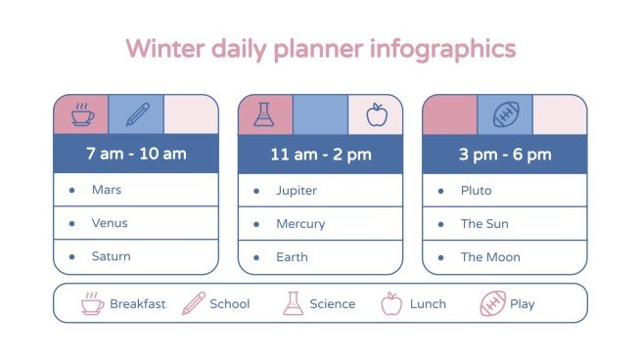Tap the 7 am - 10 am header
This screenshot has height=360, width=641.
[136, 154]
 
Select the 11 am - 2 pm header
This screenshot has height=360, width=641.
[320, 155]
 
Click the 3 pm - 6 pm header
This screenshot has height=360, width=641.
[504, 155]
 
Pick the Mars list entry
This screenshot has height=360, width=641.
[106, 190]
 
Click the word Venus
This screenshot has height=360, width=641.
[110, 223]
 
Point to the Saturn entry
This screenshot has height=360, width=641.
[111, 256]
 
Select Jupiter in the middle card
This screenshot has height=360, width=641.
[297, 191]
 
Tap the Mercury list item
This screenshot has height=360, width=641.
[299, 224]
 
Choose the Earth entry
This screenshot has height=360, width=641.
[292, 257]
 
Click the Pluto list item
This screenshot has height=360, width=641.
[476, 191]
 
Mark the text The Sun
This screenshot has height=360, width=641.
[484, 224]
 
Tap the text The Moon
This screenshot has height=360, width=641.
[490, 257]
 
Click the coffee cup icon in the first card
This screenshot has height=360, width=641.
[81, 114]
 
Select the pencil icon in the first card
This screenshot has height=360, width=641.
[136, 114]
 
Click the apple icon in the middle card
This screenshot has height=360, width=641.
[376, 115]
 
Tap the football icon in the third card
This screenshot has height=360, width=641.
[504, 115]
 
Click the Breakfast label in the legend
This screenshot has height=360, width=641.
[137, 304]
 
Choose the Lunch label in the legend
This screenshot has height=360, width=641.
[428, 304]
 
